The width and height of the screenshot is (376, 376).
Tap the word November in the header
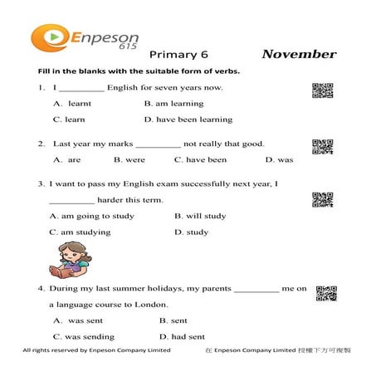coord(299,55)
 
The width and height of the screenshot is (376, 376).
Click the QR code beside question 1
coord(322,91)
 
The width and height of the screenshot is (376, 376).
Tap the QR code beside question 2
coord(322,147)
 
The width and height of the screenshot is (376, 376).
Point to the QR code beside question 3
coord(322,199)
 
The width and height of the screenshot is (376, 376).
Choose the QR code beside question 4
coord(325,293)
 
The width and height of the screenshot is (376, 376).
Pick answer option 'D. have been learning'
coord(188,120)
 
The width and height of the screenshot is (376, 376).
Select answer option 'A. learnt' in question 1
coord(72,104)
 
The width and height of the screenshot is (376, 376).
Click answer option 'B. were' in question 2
coord(129,159)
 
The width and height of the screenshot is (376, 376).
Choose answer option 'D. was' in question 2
coord(279,159)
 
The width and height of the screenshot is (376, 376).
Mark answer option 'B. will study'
coord(200,216)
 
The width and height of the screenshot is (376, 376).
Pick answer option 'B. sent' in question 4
coord(173,320)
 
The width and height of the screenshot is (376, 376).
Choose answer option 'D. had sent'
coord(182,337)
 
